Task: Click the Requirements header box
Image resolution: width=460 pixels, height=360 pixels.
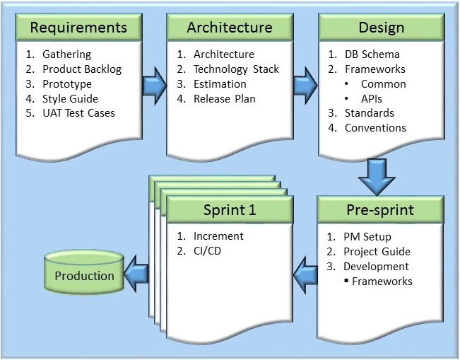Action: point(78,28)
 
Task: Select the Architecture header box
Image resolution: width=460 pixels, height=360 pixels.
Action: point(230,28)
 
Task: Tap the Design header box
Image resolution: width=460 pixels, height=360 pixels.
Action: point(381,28)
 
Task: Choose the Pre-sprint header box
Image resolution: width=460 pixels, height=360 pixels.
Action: point(381,210)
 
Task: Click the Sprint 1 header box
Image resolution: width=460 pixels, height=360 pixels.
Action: point(230,210)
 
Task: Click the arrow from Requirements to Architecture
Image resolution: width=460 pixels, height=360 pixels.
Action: point(153,84)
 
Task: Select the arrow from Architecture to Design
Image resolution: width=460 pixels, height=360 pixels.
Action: point(305,84)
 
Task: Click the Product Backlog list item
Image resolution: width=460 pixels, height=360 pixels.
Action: point(82,69)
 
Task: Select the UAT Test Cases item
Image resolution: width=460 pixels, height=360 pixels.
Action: point(78,113)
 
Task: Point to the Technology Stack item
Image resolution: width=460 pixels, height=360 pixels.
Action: point(236,69)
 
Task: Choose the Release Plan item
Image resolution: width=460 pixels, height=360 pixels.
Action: point(224,98)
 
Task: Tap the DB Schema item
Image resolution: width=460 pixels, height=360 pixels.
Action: point(372,54)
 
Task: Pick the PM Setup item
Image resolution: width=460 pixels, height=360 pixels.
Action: point(367,236)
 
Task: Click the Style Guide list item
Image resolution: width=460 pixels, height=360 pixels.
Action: point(70,98)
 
